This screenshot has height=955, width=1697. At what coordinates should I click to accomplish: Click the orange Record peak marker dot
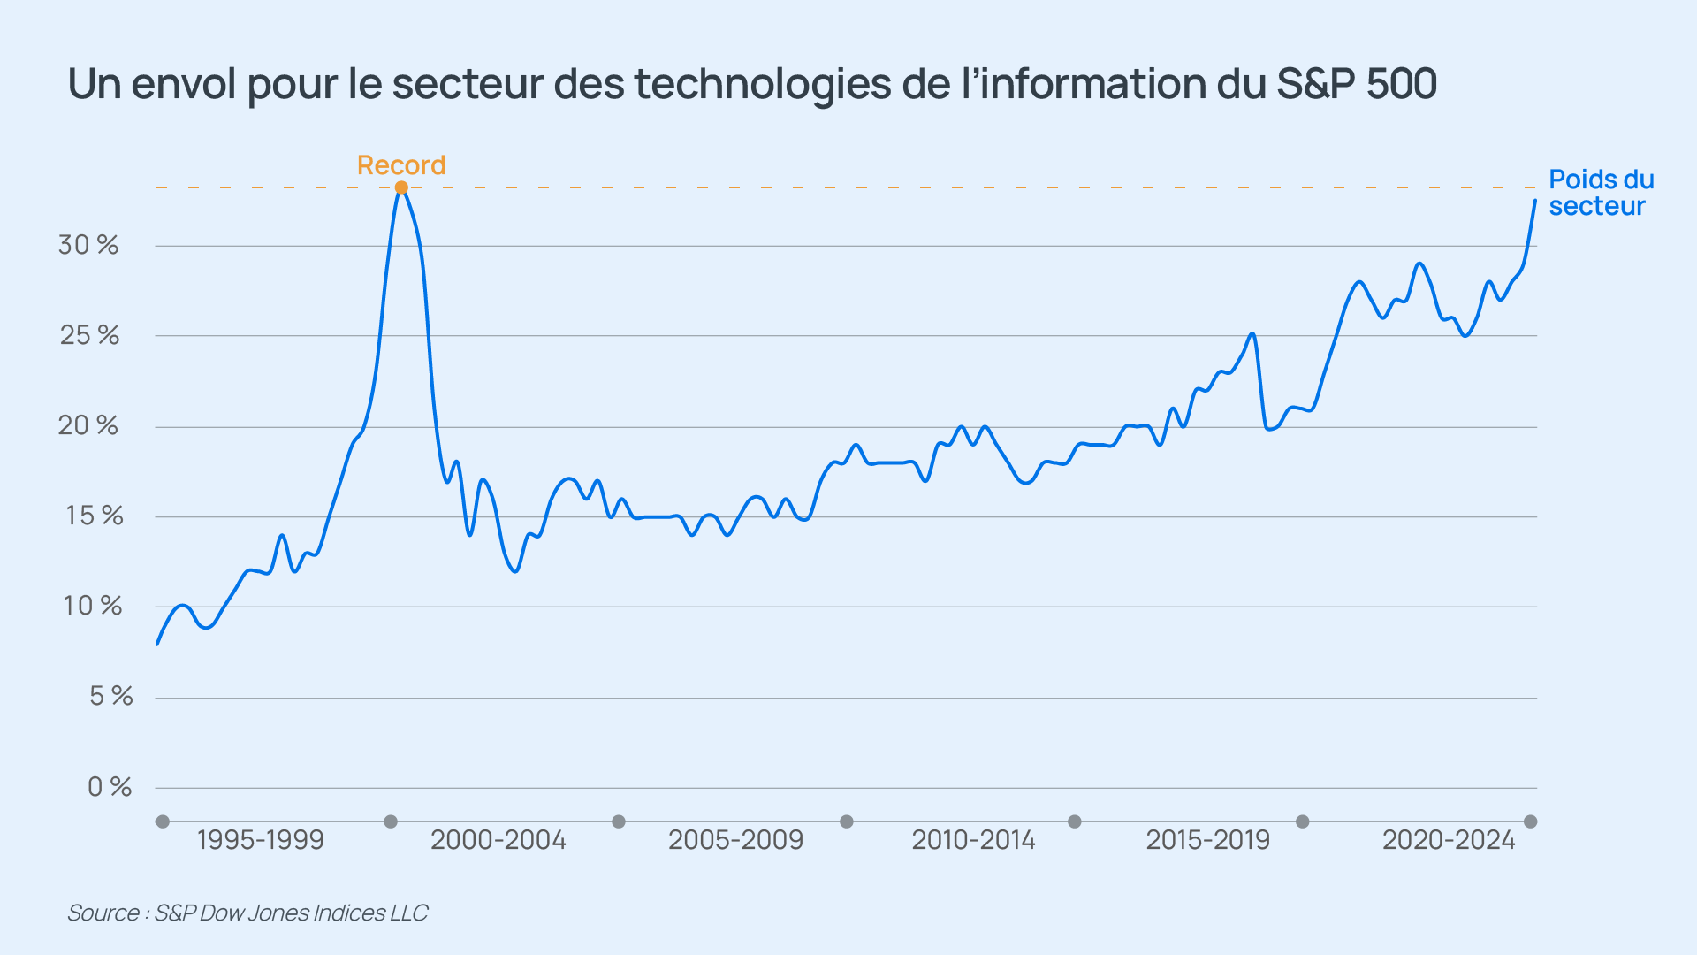(401, 187)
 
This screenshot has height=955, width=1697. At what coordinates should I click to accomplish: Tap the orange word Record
(401, 165)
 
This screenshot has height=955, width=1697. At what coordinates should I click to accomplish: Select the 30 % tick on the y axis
(88, 245)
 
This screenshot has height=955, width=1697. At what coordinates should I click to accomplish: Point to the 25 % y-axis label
(89, 335)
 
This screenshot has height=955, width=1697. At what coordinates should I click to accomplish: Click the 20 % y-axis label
(88, 425)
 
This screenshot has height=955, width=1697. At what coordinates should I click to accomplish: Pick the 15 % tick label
(94, 516)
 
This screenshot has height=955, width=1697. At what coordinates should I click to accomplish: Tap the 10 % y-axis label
(93, 606)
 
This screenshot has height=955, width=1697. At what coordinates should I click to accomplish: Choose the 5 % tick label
(110, 696)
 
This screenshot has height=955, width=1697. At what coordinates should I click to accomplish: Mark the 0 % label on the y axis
(110, 786)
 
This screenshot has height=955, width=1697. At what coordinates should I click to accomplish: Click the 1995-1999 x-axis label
(260, 839)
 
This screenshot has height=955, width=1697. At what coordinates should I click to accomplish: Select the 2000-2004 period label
(498, 839)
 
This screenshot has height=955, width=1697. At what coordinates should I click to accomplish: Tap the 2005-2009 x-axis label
(735, 839)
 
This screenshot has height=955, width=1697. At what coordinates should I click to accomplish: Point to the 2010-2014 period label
(973, 839)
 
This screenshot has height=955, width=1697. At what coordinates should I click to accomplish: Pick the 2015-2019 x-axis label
(1207, 839)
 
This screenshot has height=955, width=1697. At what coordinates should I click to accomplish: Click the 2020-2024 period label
(1449, 839)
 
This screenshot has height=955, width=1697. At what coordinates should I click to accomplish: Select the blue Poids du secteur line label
(1601, 193)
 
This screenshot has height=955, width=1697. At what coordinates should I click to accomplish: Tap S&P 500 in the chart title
(1357, 84)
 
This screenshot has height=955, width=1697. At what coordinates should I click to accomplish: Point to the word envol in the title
(184, 84)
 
